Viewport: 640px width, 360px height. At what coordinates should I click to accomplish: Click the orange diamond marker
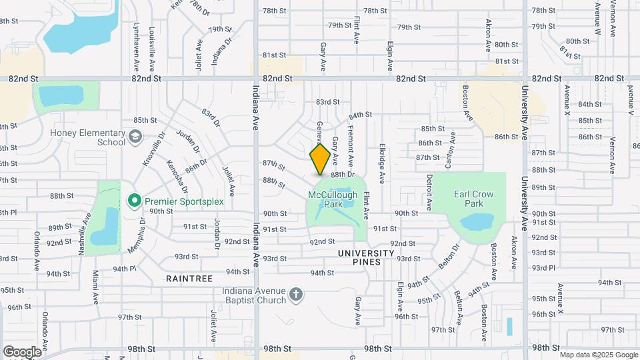pos(320,159)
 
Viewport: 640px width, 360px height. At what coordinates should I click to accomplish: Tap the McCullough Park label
pos(333,199)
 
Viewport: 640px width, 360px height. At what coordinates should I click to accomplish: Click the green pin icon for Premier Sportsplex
pos(134,200)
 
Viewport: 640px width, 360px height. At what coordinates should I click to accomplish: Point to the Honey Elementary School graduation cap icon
pos(136,137)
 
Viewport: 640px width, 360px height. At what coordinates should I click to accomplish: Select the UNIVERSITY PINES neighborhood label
pos(366,257)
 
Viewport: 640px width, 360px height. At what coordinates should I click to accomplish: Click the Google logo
pos(22,351)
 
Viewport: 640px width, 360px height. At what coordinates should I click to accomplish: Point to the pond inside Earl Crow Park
pos(478,222)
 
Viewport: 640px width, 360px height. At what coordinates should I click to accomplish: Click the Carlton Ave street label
pos(452,149)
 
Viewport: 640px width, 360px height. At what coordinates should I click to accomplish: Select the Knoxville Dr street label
pos(153,153)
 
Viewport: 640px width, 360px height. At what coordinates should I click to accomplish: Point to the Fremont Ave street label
pos(351,148)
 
